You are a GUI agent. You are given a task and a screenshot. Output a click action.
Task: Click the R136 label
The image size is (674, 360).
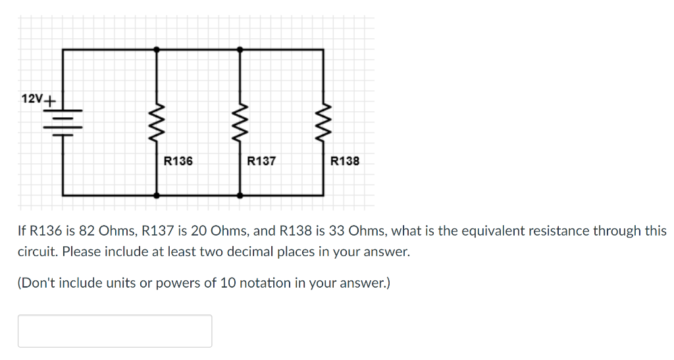tap(178, 161)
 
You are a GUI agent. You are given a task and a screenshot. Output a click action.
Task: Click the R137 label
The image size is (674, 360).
tap(261, 161)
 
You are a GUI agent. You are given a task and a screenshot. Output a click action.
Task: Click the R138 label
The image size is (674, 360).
tap(345, 161)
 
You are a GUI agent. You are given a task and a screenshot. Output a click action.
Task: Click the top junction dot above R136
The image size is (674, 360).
tap(156, 49)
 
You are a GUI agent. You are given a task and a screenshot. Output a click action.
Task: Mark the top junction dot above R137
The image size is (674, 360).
tap(240, 49)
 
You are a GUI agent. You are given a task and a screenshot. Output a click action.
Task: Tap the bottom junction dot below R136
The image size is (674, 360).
tap(156, 195)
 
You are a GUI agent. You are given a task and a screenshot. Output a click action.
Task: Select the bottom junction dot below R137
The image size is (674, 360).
tap(240, 195)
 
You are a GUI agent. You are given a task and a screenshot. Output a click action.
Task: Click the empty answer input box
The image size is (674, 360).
tap(115, 331)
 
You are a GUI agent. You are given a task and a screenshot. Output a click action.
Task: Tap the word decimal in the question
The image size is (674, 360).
tap(253, 252)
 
